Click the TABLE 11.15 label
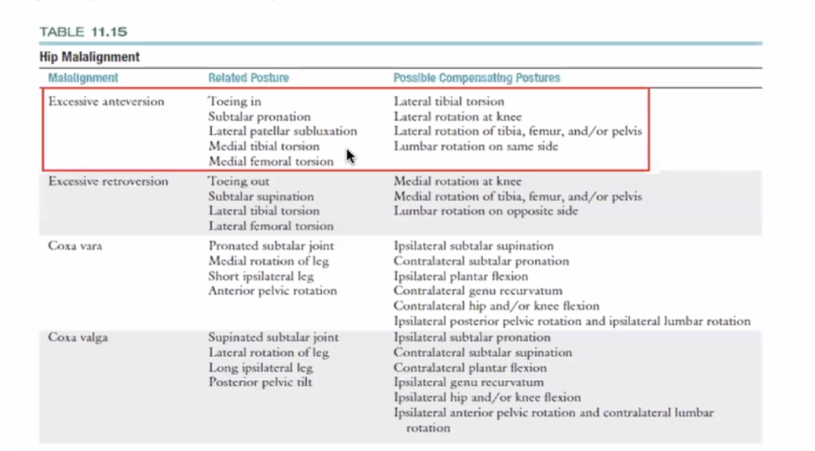coord(83,32)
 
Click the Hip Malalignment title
coord(90,57)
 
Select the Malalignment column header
coord(83,78)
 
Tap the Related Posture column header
coord(248,78)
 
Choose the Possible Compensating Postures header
coord(477,78)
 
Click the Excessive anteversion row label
coord(106,102)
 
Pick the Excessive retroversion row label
coord(108,182)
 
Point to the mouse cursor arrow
coord(351,156)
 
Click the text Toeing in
coord(235,102)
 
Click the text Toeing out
coord(239,182)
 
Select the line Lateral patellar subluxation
coord(282,132)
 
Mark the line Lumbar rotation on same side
coord(475,146)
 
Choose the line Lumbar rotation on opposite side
coord(485,211)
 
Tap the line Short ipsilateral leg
coord(261,276)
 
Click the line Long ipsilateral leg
coord(260,367)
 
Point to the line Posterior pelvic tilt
coord(260,383)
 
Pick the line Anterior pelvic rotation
coord(272,291)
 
